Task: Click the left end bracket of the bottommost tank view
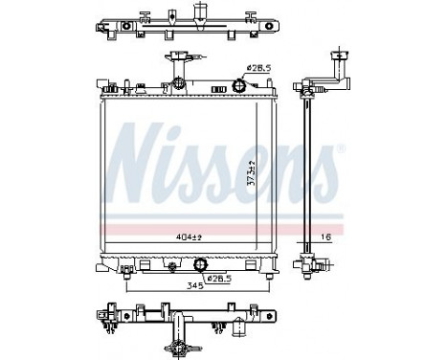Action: [104, 315]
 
